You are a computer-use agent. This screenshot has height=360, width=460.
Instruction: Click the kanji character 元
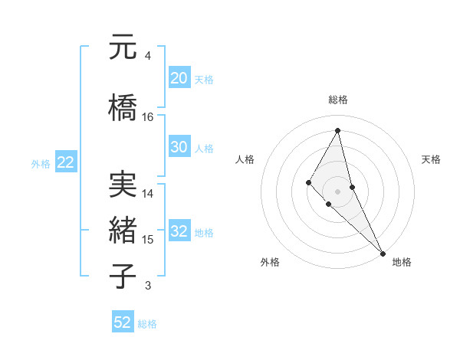122,47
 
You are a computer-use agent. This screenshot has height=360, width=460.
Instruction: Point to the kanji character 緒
122,231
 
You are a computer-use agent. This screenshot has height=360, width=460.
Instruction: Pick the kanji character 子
122,276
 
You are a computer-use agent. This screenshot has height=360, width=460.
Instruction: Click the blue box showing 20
179,78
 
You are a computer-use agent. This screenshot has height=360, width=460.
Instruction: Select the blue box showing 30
179,147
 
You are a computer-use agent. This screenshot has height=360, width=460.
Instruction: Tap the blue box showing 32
179,232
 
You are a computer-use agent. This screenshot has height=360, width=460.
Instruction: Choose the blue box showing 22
65,162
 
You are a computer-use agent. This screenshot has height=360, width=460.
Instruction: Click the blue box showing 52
123,322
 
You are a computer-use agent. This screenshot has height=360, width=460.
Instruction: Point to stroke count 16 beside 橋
148,116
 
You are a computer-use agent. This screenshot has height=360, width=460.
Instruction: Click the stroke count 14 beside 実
148,194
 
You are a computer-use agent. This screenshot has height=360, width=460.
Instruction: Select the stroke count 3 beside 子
147,286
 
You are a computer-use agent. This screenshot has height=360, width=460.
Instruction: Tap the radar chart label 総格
338,100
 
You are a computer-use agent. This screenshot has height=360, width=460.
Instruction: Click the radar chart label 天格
431,159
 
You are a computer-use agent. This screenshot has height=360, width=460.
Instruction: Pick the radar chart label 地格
402,262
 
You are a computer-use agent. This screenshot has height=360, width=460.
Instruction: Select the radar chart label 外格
270,262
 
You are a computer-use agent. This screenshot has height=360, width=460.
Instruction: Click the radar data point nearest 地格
383,253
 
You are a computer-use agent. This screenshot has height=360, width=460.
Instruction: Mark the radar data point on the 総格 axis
337,129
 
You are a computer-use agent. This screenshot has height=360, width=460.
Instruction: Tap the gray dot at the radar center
337,191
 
